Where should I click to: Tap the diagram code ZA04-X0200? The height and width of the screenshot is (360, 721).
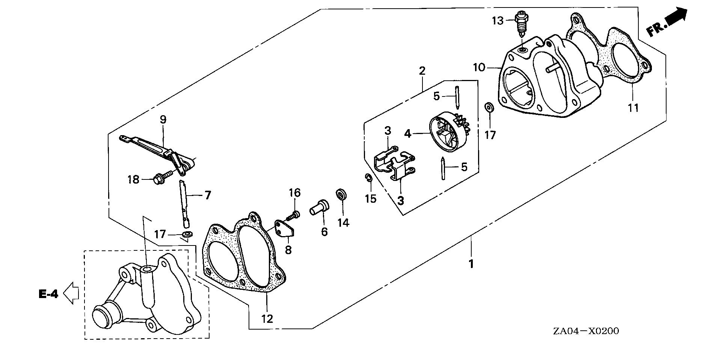tap(586, 331)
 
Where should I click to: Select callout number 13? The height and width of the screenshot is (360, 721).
tap(498, 21)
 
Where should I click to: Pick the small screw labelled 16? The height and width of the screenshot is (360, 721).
tap(293, 215)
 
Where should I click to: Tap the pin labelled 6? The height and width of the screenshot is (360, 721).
tap(320, 207)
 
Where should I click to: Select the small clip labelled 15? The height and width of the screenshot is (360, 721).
tap(368, 178)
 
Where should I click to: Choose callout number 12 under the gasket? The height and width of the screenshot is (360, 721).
tap(267, 319)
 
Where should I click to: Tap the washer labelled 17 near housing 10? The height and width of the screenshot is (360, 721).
tap(489, 107)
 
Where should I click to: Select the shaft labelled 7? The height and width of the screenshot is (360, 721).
tap(184, 203)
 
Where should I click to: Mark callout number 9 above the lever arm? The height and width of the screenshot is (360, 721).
tap(163, 120)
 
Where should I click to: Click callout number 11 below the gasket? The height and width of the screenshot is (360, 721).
tap(633, 108)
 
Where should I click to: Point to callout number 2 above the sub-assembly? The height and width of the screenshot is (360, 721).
tap(422, 71)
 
